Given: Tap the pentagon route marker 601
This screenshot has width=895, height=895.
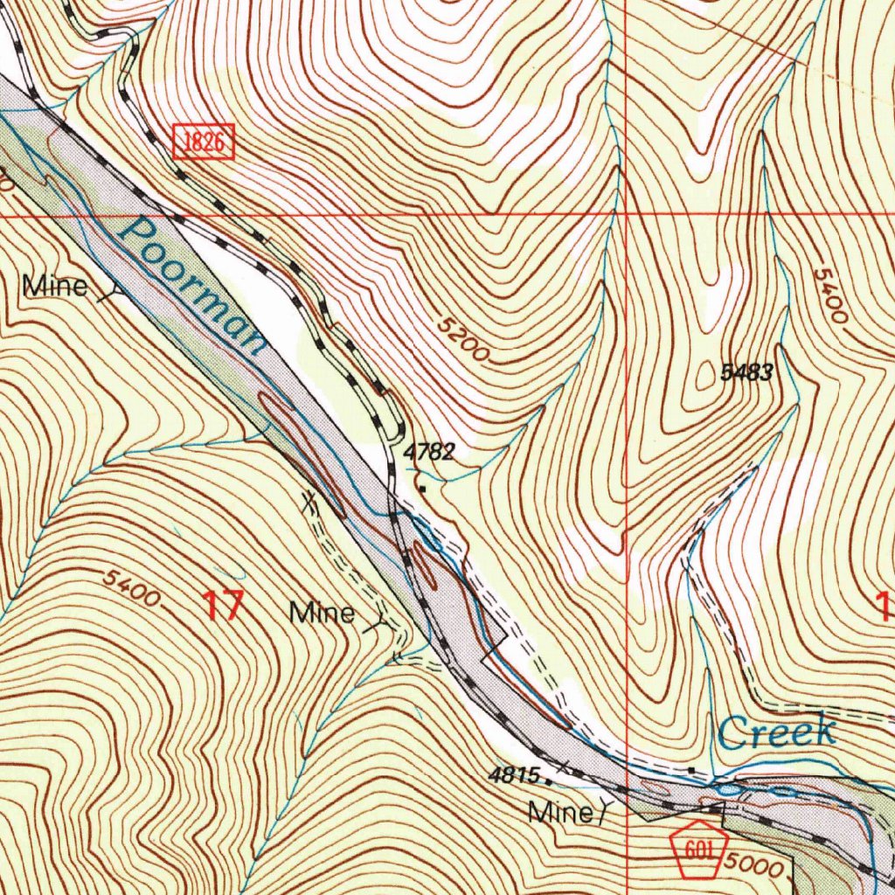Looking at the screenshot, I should click(x=700, y=846).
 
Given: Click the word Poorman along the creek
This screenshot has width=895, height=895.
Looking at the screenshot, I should click(x=192, y=284).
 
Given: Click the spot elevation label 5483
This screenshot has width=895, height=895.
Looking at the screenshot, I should click(x=746, y=373).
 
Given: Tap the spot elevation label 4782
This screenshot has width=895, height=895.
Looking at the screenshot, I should click(x=429, y=452).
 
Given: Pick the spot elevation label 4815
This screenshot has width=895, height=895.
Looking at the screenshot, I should click(x=516, y=774).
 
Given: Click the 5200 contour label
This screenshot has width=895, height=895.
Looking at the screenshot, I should click(x=463, y=339).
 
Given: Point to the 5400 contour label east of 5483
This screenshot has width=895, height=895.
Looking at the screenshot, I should click(x=829, y=295).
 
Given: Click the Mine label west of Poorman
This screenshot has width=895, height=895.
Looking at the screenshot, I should click(x=55, y=286).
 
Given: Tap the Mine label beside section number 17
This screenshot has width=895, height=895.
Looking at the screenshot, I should click(x=323, y=613).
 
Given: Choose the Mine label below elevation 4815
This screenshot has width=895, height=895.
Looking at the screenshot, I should click(x=560, y=813).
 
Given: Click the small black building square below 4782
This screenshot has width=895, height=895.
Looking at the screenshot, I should click(x=423, y=489).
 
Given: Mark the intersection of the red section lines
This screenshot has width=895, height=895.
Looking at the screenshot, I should click(x=627, y=213).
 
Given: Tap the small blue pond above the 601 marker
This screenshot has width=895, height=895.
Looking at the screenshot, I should click(x=727, y=789).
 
